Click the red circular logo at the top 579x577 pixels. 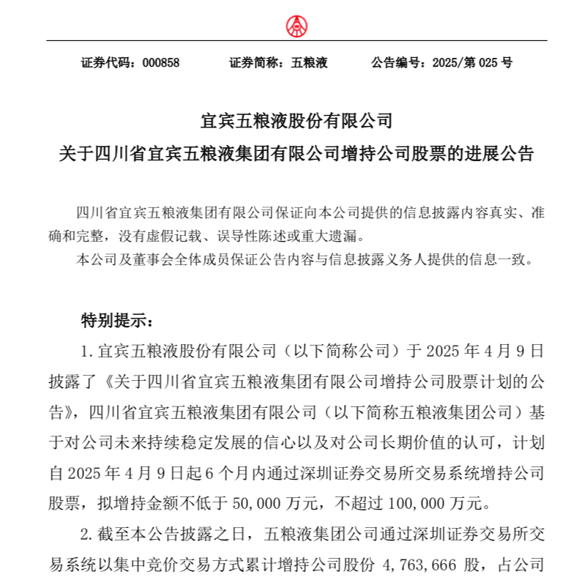(x=296, y=26)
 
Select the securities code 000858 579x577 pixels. (x=161, y=63)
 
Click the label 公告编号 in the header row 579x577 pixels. (x=397, y=63)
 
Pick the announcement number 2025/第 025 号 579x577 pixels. (x=472, y=63)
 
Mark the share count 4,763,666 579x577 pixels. (x=424, y=565)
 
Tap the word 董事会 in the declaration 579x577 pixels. (x=146, y=260)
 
